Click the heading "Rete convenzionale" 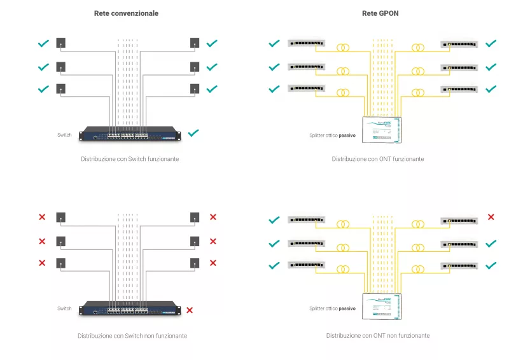tap(126, 13)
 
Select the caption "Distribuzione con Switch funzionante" tap(130, 158)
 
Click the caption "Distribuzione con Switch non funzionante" tap(132, 335)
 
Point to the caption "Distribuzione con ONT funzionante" tap(377, 158)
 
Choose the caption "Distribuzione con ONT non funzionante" tap(378, 335)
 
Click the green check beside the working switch tap(193, 133)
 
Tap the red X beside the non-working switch tap(190, 310)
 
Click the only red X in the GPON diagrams tap(491, 218)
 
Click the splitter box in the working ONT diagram tap(380, 130)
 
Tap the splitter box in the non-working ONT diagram tap(380, 306)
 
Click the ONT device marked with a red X tap(459, 220)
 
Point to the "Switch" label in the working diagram tap(64, 135)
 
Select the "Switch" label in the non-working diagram tap(64, 308)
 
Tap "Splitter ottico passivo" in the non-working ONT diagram tap(332, 308)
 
